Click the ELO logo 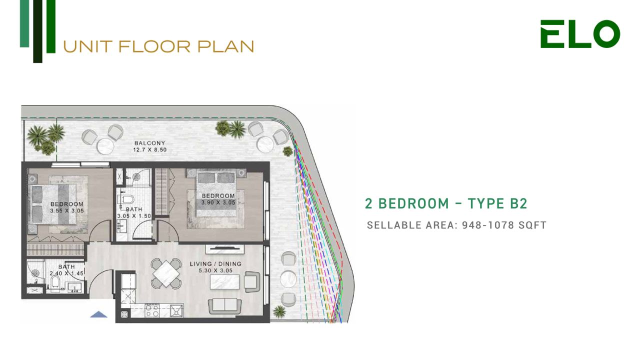[580, 34]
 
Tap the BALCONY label [149, 143]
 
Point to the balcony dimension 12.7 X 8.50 [149, 149]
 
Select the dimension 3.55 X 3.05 [67, 211]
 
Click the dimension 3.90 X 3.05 [218, 202]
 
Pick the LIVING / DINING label [215, 263]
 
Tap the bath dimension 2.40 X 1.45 [66, 273]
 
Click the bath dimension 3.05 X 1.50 [134, 216]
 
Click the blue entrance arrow [98, 314]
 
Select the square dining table [166, 273]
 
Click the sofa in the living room [224, 306]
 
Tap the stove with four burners [152, 310]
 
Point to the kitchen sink [176, 310]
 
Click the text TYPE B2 [497, 203]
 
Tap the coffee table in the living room [224, 282]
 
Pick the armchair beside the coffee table [252, 282]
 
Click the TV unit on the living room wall [224, 249]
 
